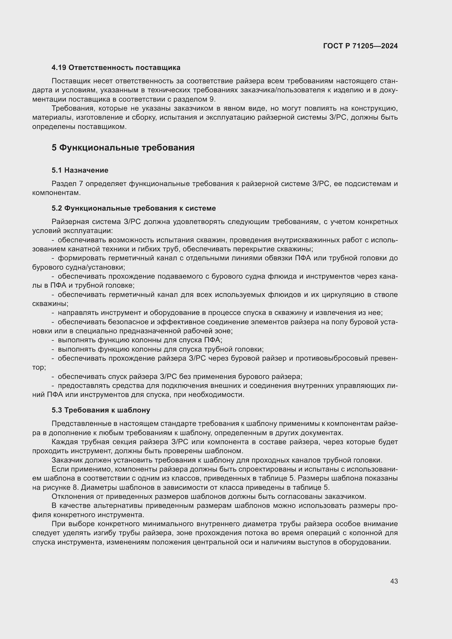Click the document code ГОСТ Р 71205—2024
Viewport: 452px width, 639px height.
(360, 46)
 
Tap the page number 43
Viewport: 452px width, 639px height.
(394, 581)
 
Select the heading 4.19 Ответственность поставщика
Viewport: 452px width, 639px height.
(116, 68)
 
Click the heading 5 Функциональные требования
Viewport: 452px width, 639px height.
(123, 148)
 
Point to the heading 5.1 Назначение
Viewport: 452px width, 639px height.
(80, 170)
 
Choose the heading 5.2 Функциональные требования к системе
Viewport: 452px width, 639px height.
(134, 208)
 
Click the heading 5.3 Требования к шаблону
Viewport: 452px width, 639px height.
(101, 410)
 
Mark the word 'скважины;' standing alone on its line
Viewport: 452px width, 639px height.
(50, 304)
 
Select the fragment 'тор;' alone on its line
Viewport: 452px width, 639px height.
(39, 367)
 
